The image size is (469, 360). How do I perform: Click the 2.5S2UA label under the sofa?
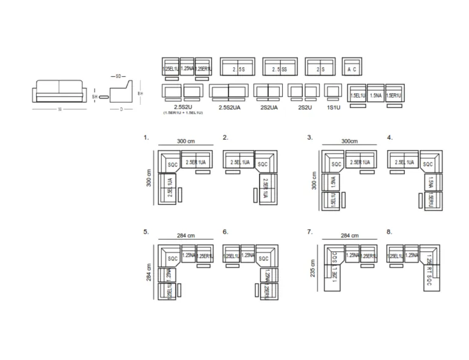tap(228, 107)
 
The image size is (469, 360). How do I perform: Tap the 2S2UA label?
tap(269, 107)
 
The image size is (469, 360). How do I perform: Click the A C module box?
tap(352, 68)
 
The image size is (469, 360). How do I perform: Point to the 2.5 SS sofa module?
tap(280, 68)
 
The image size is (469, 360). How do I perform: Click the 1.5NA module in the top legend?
tap(376, 95)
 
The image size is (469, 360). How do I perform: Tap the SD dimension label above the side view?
tap(118, 76)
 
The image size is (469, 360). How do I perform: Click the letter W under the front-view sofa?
tap(59, 110)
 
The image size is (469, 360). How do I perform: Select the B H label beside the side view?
tap(140, 93)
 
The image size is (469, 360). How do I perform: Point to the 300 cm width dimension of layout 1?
tap(186, 142)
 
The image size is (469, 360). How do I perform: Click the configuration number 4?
tap(390, 138)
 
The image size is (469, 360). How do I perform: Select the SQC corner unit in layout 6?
tap(264, 258)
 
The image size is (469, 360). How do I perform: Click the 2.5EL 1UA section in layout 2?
tap(239, 162)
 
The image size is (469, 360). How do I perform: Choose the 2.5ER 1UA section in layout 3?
tap(360, 162)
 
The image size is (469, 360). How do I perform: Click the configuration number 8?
tap(390, 232)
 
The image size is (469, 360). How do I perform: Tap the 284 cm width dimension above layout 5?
tap(186, 236)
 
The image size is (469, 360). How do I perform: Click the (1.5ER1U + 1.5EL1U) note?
tap(183, 113)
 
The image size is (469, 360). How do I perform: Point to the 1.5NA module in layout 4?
tap(431, 182)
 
